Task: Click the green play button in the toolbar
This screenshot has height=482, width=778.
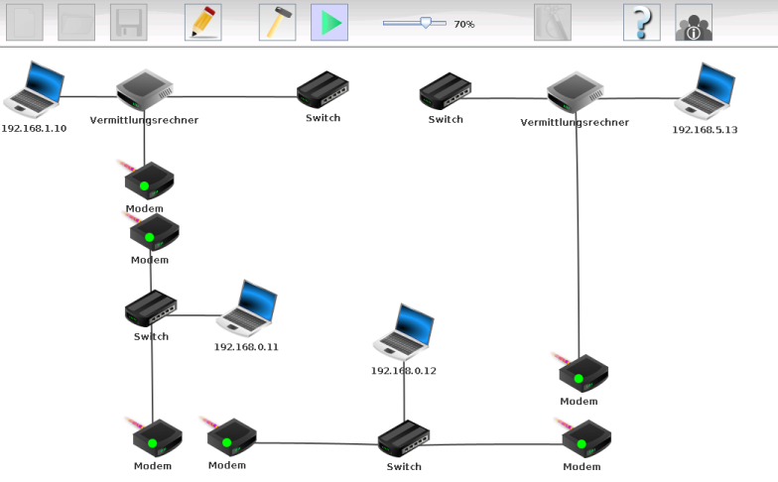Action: (x=329, y=23)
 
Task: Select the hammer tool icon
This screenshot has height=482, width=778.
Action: (x=278, y=23)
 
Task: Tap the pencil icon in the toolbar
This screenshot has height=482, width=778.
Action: (x=202, y=23)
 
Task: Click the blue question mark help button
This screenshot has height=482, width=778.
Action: (x=641, y=23)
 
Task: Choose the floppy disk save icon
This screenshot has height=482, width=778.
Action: (x=129, y=23)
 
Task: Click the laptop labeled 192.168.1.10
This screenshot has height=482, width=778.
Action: (x=34, y=89)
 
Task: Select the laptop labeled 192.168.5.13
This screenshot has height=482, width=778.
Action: (x=705, y=91)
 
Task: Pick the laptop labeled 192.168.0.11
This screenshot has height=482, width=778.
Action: (x=247, y=309)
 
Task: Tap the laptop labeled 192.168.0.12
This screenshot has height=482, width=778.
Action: (x=404, y=332)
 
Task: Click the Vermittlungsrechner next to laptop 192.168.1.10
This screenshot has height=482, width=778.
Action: (x=145, y=89)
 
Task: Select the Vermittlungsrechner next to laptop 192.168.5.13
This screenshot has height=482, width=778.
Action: (x=576, y=92)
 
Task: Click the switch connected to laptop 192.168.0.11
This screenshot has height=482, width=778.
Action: (x=151, y=307)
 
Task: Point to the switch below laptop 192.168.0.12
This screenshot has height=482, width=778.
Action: (x=404, y=438)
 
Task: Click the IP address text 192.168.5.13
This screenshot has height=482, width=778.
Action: (x=705, y=130)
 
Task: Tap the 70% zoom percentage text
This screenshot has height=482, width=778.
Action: (x=464, y=24)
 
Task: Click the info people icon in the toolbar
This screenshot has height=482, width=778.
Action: (x=694, y=23)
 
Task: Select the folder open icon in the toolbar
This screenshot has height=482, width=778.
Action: (x=76, y=23)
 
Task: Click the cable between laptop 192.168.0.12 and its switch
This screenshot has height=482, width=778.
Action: (x=404, y=397)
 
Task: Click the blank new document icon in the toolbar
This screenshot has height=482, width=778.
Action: (x=24, y=23)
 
